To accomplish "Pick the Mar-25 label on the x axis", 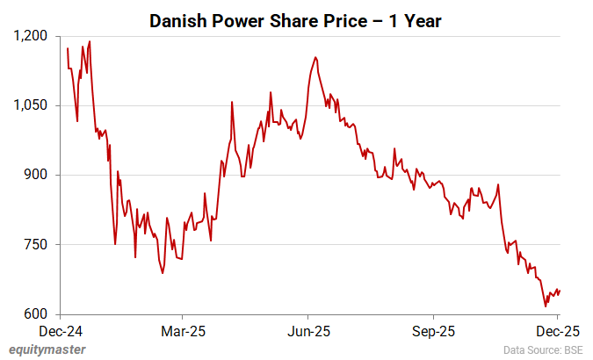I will click(182, 333).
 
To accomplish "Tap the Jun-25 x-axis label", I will click(307, 333).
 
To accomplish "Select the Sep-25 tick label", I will click(433, 333).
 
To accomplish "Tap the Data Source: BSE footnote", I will click(543, 351).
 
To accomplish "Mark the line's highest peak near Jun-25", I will click(315, 58).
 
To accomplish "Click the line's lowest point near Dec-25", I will click(546, 306).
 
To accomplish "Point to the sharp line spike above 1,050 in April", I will click(232, 102).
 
